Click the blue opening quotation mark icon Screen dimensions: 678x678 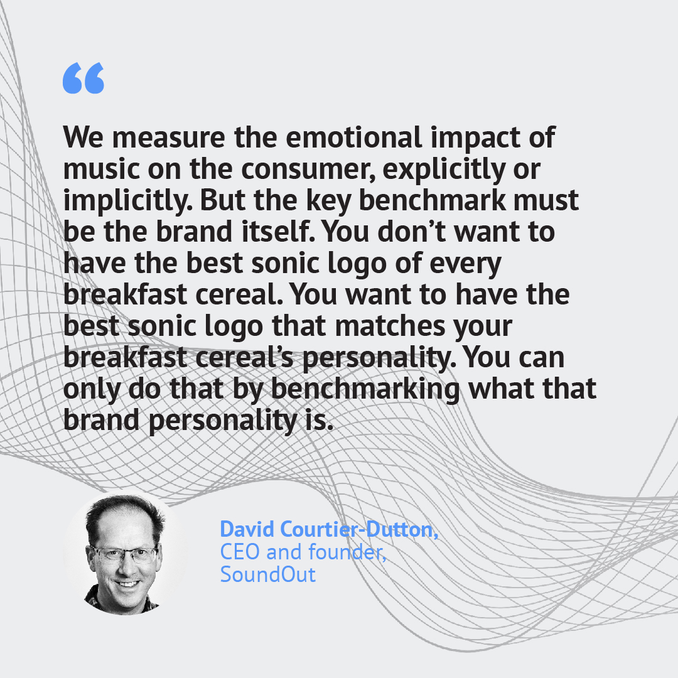tap(83, 78)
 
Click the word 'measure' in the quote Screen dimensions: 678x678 tap(169, 137)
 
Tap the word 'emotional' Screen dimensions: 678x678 tap(353, 137)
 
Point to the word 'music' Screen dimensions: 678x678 tap(101, 168)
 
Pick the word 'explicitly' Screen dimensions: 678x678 tap(444, 169)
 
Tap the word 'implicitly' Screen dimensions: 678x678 tap(128, 201)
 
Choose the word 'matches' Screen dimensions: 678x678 tap(390, 325)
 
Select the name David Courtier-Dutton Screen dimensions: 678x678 tap(329, 529)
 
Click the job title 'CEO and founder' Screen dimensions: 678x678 tap(303, 552)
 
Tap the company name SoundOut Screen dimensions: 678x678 tap(268, 574)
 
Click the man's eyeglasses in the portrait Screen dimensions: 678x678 tap(124, 554)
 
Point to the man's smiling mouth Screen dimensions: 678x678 tap(127, 583)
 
